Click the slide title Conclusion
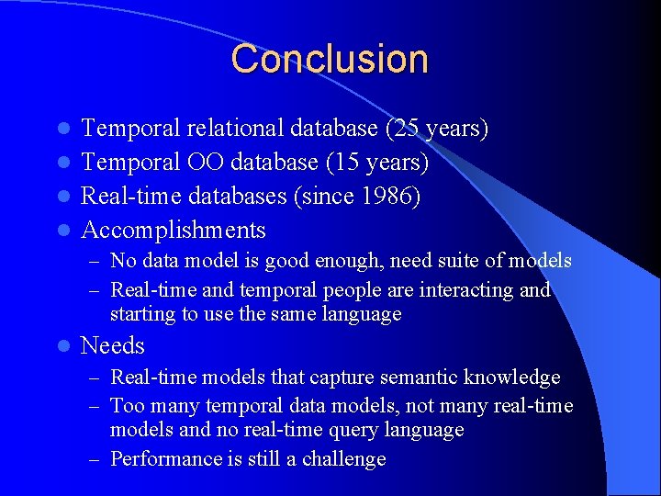(x=330, y=59)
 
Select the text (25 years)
(x=437, y=129)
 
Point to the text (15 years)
(x=377, y=163)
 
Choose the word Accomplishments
(x=174, y=230)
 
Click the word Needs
(x=113, y=345)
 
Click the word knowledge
(x=514, y=378)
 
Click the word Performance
(x=162, y=459)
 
